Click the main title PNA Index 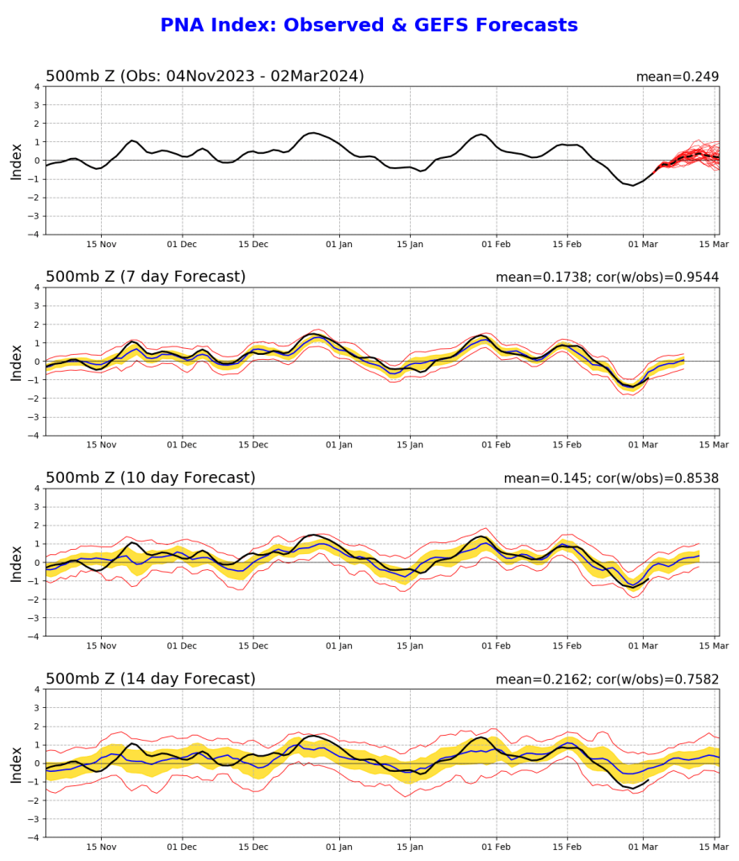click(x=369, y=25)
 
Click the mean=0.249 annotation click(x=677, y=77)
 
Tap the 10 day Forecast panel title click(x=151, y=478)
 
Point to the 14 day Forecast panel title click(x=151, y=679)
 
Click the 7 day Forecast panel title click(x=146, y=277)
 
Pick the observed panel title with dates click(x=205, y=77)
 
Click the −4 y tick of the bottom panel click(x=35, y=837)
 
